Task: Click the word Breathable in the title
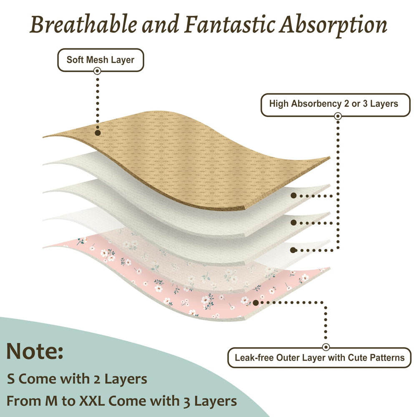tap(83, 24)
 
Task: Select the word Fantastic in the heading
tap(229, 24)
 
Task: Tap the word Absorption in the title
tap(333, 26)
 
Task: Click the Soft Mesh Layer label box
tap(100, 60)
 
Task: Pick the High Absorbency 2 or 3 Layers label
tap(335, 105)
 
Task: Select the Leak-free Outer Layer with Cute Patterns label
tap(319, 358)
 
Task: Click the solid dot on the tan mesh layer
tap(98, 133)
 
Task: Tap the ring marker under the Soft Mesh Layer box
tap(97, 71)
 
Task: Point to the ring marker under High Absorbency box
tap(338, 116)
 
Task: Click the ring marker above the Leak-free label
tap(326, 347)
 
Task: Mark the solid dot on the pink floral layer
tap(256, 303)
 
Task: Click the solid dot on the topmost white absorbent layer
tap(293, 196)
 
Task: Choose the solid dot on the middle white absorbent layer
tap(293, 223)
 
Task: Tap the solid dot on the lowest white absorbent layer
tap(293, 250)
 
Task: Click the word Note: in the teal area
tap(35, 351)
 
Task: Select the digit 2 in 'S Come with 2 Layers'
tap(97, 379)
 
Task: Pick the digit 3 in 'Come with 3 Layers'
tap(187, 402)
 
